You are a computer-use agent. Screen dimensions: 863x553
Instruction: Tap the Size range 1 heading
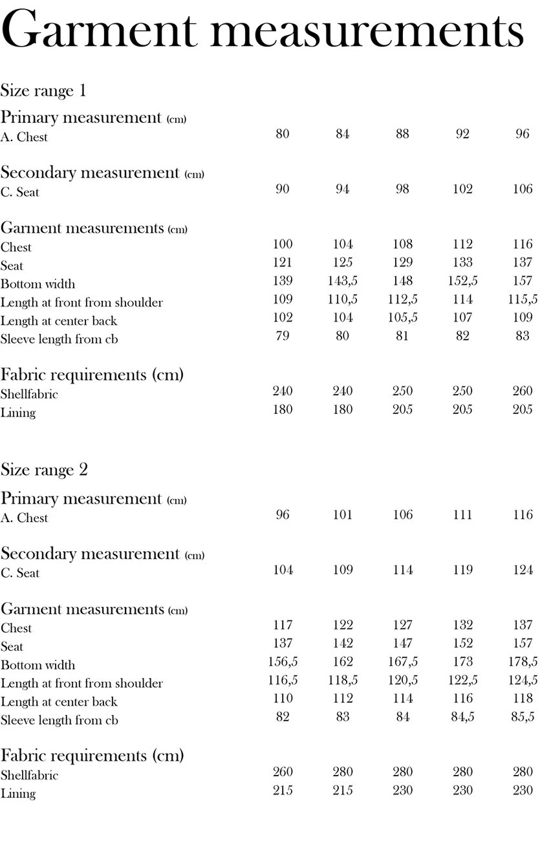[x=43, y=90]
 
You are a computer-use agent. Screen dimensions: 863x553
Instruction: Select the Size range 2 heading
[x=44, y=470]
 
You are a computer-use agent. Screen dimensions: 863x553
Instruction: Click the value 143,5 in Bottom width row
[x=343, y=281]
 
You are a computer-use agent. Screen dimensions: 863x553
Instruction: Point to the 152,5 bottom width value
[x=462, y=281]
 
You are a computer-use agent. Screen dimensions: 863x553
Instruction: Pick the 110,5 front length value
[x=343, y=300]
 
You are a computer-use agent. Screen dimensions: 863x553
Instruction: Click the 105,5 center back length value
[x=402, y=318]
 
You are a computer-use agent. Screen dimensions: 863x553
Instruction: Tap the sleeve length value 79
[x=283, y=336]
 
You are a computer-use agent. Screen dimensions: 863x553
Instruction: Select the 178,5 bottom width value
[x=523, y=662]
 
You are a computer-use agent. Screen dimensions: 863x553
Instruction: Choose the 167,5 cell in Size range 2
[x=402, y=662]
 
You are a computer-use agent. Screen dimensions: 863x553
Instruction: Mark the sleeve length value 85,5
[x=523, y=717]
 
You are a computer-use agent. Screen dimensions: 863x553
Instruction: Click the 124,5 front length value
[x=523, y=680]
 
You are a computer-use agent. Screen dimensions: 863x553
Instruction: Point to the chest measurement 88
[x=402, y=134]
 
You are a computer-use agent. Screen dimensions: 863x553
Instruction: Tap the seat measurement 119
[x=462, y=570]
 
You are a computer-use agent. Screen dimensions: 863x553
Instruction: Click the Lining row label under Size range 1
[x=18, y=413]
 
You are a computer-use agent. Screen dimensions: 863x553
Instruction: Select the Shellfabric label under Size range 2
[x=29, y=775]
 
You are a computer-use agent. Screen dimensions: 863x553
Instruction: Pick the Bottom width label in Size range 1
[x=38, y=284]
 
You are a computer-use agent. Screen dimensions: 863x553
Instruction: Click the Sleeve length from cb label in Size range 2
[x=59, y=720]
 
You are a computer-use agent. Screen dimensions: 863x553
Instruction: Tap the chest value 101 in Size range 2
[x=343, y=515]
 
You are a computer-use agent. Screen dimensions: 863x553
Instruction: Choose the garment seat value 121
[x=283, y=263]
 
